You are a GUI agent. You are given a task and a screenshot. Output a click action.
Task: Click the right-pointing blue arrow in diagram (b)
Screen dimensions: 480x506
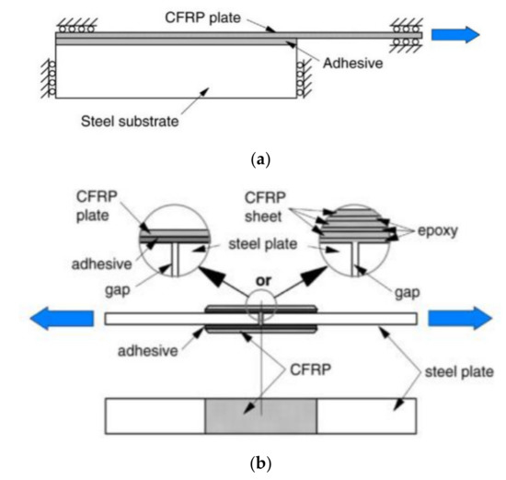[454, 319]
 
